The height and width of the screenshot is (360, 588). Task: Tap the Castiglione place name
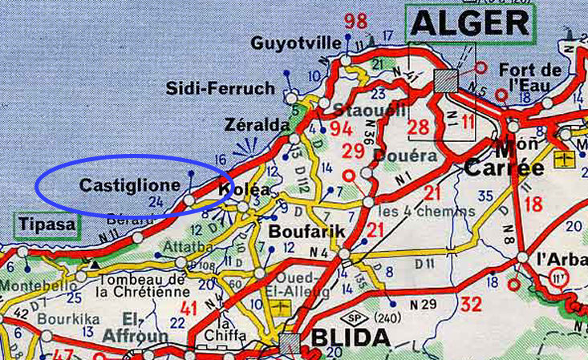click(x=130, y=185)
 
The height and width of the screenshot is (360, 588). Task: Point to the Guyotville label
click(x=296, y=42)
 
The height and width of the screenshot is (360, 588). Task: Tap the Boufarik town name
click(x=306, y=231)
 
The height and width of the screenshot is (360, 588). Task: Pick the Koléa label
click(x=245, y=190)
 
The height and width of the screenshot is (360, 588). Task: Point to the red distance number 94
click(x=341, y=129)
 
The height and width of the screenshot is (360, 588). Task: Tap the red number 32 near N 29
click(x=472, y=303)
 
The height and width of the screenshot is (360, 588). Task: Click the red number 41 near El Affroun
click(x=189, y=307)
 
